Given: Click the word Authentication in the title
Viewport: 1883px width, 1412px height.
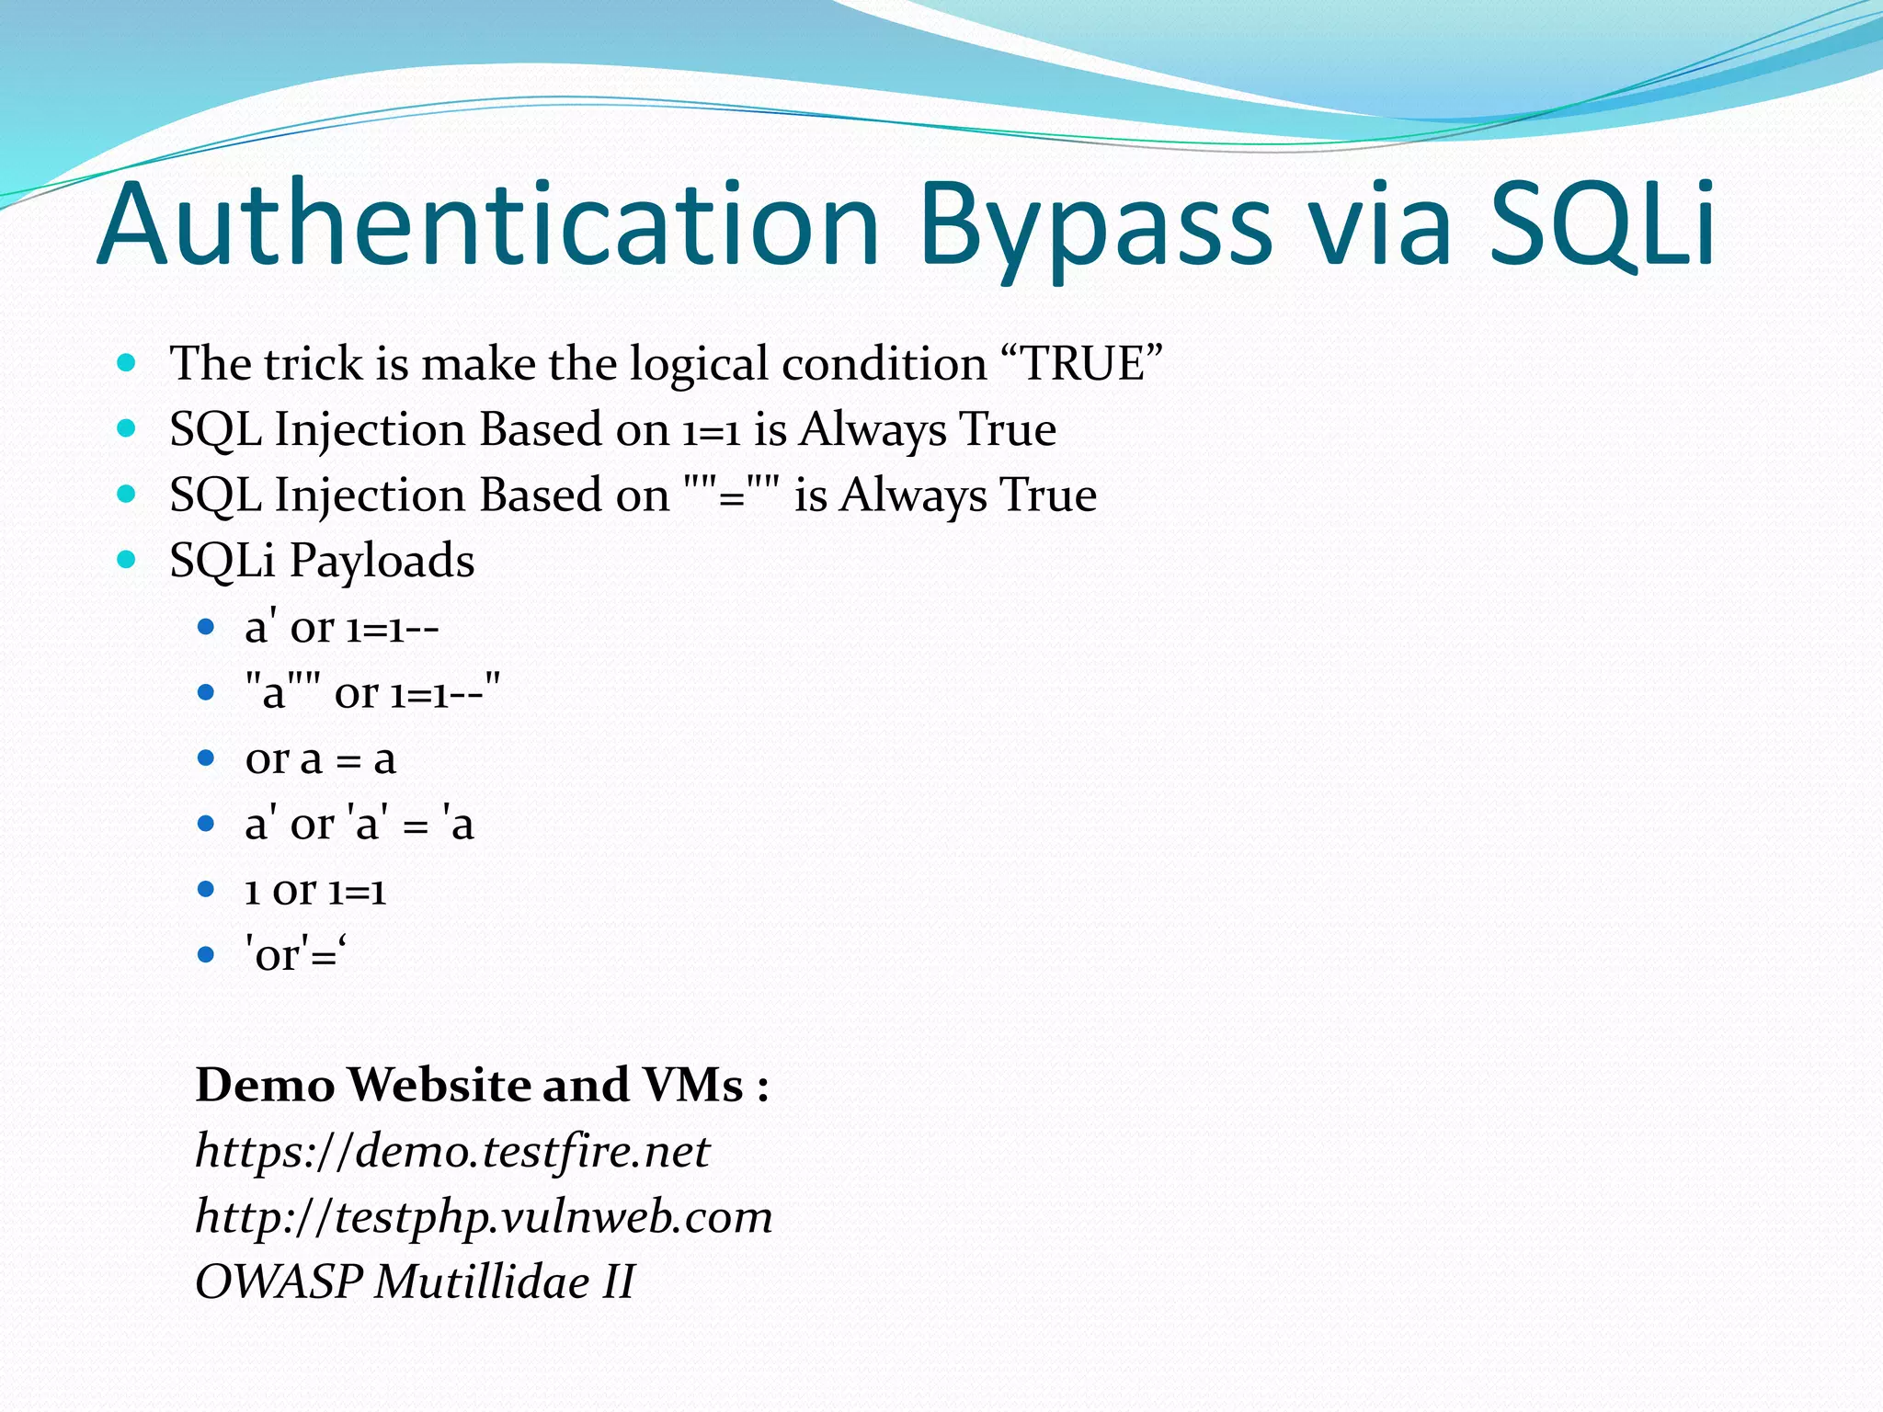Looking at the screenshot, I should (487, 225).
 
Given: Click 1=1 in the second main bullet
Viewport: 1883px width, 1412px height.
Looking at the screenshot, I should (711, 430).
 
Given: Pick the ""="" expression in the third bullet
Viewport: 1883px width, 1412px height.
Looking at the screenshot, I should (733, 495).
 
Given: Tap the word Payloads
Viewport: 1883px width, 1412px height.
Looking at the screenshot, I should (382, 561).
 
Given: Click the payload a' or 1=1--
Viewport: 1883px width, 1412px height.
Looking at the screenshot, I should (342, 628).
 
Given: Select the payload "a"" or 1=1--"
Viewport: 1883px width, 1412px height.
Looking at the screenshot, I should (372, 692).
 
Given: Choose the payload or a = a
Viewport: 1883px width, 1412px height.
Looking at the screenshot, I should (320, 758).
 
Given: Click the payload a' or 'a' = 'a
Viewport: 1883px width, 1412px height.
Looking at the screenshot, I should (359, 824).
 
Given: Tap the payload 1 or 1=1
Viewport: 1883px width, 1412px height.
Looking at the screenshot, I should (315, 890).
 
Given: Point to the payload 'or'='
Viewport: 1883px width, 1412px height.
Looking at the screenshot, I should (296, 955).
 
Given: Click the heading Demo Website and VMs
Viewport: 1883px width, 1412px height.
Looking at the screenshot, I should (482, 1085).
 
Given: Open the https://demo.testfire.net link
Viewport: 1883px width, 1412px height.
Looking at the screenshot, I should (452, 1151).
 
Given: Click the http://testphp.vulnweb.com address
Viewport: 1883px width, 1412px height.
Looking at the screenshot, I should (484, 1216).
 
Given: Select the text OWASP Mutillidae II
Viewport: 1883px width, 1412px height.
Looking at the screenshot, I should (415, 1281).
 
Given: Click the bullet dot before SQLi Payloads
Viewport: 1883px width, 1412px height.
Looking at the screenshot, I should (127, 559).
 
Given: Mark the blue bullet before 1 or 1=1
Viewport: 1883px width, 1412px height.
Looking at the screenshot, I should (206, 889).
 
